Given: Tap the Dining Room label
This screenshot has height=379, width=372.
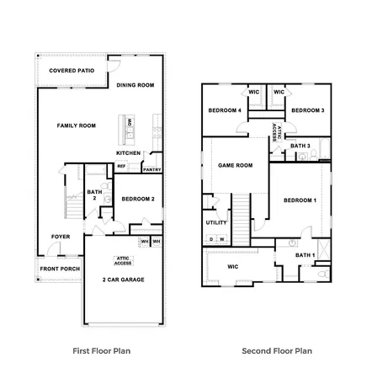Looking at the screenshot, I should (136, 85).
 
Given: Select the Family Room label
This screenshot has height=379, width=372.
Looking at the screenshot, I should (76, 125).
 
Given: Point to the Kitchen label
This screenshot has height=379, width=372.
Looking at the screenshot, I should (128, 152).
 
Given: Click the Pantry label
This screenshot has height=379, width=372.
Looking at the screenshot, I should (151, 169).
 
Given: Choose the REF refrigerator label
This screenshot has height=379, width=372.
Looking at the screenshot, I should (121, 166).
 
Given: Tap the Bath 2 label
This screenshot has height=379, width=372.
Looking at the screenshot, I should (95, 195).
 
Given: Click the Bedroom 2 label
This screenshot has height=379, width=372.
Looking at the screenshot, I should (137, 200).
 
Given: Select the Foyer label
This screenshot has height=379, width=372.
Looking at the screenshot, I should (60, 237).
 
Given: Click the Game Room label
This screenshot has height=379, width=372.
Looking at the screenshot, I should (235, 165).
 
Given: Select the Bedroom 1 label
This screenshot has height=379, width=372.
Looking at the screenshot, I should (300, 200).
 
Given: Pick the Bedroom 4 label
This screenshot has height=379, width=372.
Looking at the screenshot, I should (226, 110).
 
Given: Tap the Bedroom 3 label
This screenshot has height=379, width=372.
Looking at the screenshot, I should (307, 110).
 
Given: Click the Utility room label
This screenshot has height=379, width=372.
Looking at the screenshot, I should (216, 222).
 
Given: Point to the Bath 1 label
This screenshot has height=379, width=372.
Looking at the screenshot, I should (305, 254).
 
